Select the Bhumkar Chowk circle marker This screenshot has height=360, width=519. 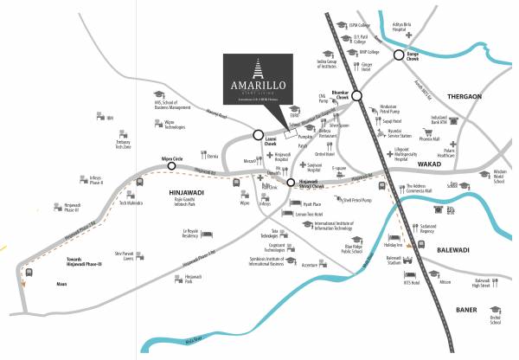[357, 97]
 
